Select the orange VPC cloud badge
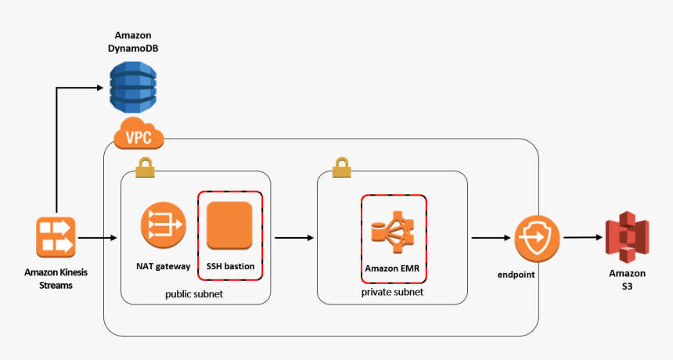click(139, 135)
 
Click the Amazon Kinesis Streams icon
click(56, 236)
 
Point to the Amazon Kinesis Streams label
click(56, 279)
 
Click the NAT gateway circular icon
click(163, 225)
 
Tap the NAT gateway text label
click(163, 266)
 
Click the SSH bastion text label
click(230, 266)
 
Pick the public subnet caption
click(195, 294)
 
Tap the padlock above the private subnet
click(341, 167)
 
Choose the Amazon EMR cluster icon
click(393, 231)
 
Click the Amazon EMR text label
click(394, 268)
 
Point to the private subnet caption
click(392, 292)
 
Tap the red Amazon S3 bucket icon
click(628, 236)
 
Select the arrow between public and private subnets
click(293, 236)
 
